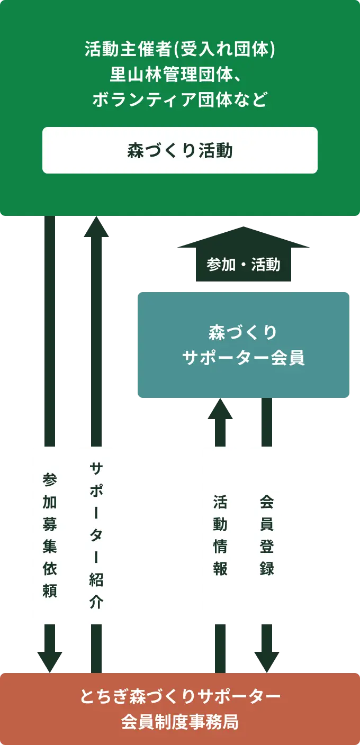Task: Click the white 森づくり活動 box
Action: tap(180, 150)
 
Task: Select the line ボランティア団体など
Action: tap(180, 99)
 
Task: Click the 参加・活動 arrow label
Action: tap(244, 264)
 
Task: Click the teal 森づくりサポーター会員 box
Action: tap(244, 345)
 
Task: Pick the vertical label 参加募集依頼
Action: tap(49, 535)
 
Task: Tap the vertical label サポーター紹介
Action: tap(95, 535)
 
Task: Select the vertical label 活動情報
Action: tap(220, 535)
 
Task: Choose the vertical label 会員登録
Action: tap(267, 535)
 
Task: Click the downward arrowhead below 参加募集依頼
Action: tap(49, 661)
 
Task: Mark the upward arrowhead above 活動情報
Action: tap(220, 408)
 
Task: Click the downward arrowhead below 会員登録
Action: tap(267, 661)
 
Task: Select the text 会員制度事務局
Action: tap(180, 722)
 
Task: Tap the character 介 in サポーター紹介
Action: tap(96, 602)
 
